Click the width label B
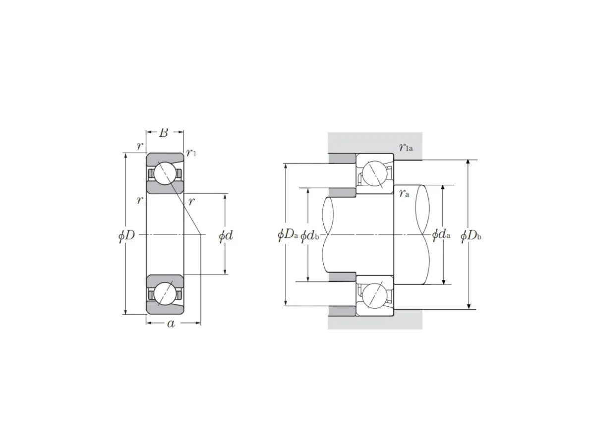point(164,133)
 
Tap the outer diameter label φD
point(126,235)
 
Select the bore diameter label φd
point(226,235)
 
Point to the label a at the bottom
point(171,324)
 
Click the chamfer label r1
point(191,153)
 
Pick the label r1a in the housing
point(406,147)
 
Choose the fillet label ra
point(404,193)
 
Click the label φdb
point(310,235)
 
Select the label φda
point(441,234)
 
